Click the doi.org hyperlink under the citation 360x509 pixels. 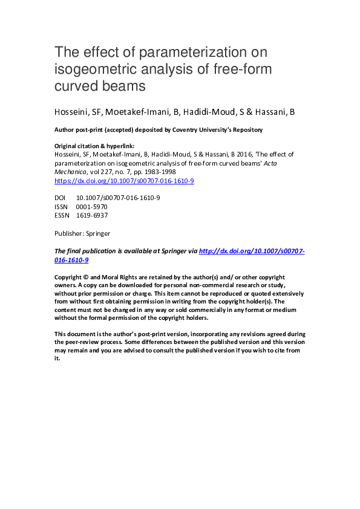click(124, 181)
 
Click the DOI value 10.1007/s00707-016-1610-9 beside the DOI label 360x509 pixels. click(118, 198)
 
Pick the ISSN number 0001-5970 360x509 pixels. click(92, 206)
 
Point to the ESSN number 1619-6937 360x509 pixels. click(92, 215)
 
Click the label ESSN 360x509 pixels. click(62, 215)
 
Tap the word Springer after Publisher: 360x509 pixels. click(97, 233)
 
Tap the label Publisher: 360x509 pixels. click(69, 233)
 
